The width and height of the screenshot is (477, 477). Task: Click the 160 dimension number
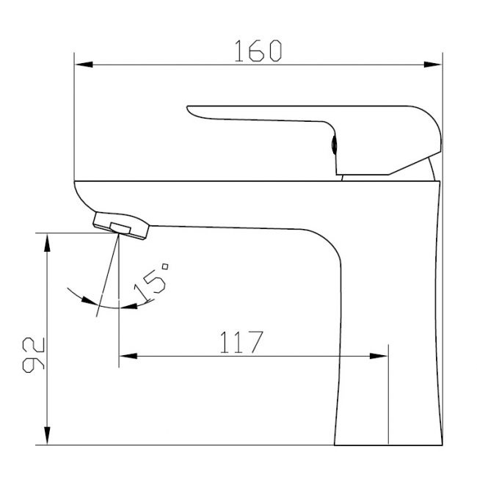click(x=258, y=51)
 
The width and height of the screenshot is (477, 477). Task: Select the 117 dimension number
click(x=241, y=342)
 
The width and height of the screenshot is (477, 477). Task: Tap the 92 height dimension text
click(x=34, y=354)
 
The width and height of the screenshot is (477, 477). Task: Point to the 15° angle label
click(x=151, y=283)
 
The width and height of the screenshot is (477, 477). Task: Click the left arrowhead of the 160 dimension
click(x=84, y=65)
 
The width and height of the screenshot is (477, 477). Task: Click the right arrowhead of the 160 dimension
click(x=432, y=65)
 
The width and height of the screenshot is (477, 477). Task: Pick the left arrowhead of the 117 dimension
click(x=128, y=356)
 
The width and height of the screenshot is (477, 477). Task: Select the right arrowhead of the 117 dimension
click(x=379, y=356)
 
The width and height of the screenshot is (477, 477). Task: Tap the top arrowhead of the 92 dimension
click(x=47, y=243)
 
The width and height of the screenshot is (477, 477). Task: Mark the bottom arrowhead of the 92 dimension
click(x=47, y=435)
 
